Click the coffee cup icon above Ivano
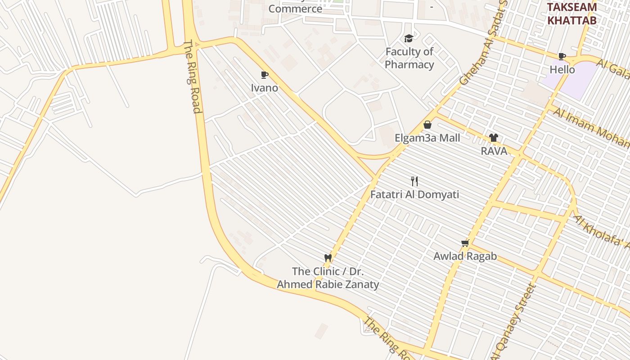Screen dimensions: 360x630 pyautogui.click(x=265, y=75)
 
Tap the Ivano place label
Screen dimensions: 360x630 pyautogui.click(x=265, y=88)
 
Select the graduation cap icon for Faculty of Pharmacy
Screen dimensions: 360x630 pyautogui.click(x=409, y=39)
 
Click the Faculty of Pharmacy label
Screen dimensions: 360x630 pyautogui.click(x=409, y=58)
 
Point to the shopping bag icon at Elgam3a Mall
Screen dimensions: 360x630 pyautogui.click(x=427, y=125)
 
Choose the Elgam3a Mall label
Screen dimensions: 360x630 pyautogui.click(x=427, y=138)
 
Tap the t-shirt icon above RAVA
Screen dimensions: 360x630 pyautogui.click(x=494, y=138)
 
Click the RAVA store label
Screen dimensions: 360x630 pyautogui.click(x=494, y=151)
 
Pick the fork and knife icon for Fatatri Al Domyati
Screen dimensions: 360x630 pyautogui.click(x=414, y=181)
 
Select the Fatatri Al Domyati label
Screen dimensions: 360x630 pyautogui.click(x=414, y=194)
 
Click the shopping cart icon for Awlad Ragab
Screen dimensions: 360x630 pyautogui.click(x=465, y=243)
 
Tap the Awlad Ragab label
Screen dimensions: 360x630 pyautogui.click(x=465, y=256)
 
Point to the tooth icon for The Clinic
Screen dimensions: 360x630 pyautogui.click(x=328, y=258)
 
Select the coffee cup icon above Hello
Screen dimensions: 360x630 pyautogui.click(x=562, y=56)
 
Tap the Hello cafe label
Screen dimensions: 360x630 pyautogui.click(x=562, y=69)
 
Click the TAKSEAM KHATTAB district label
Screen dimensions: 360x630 pyautogui.click(x=571, y=13)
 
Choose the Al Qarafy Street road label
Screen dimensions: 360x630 pyautogui.click(x=514, y=322)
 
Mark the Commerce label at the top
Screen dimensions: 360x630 pyautogui.click(x=295, y=8)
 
